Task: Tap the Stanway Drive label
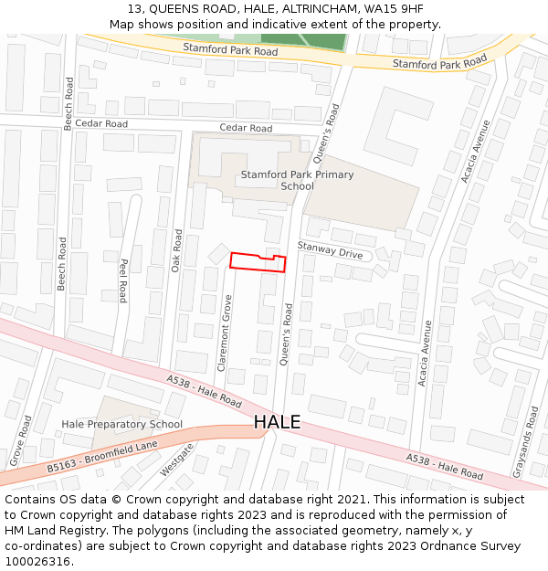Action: click(330, 250)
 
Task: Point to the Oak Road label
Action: click(178, 250)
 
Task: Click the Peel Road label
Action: click(122, 280)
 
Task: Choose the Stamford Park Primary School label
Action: click(297, 180)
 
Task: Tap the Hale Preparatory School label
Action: click(121, 424)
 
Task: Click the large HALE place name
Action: click(277, 422)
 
